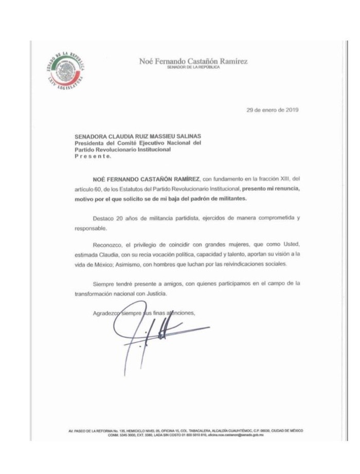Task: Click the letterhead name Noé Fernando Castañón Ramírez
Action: pyautogui.click(x=193, y=61)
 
